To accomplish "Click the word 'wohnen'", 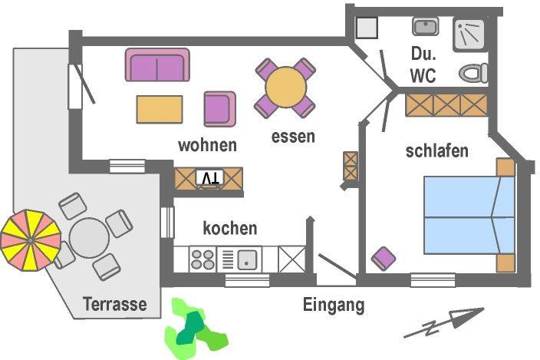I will pyautogui.click(x=207, y=145).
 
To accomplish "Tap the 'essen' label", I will pyautogui.click(x=293, y=137).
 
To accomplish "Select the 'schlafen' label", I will pyautogui.click(x=436, y=151).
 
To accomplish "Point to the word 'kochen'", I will pyautogui.click(x=229, y=228).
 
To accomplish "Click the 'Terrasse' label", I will pyautogui.click(x=116, y=304).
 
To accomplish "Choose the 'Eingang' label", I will pyautogui.click(x=333, y=305).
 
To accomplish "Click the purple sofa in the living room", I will pyautogui.click(x=157, y=66).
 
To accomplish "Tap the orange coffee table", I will pyautogui.click(x=160, y=109).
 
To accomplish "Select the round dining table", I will pyautogui.click(x=285, y=88).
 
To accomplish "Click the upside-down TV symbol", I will pyautogui.click(x=209, y=178).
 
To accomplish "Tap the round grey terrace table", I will pyautogui.click(x=90, y=239).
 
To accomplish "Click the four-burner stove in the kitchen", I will pyautogui.click(x=203, y=259).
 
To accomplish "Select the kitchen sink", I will pyautogui.click(x=248, y=259).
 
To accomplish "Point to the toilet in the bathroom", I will pyautogui.click(x=474, y=73).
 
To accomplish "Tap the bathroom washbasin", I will pyautogui.click(x=424, y=28).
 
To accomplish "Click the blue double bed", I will pyautogui.click(x=468, y=216).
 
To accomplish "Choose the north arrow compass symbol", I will pyautogui.click(x=444, y=323).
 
